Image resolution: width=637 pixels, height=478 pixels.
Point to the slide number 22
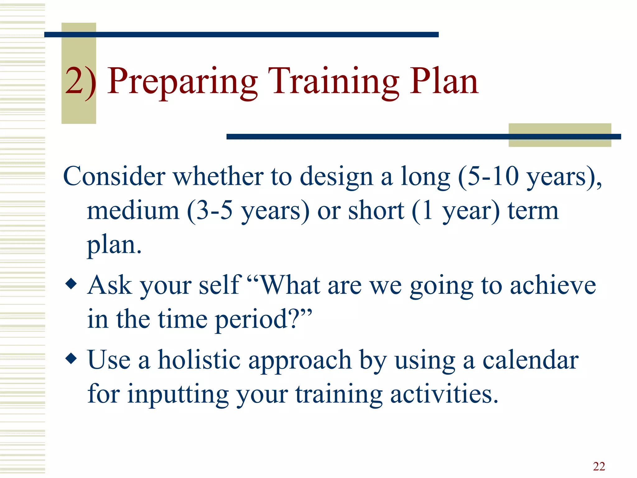(x=599, y=466)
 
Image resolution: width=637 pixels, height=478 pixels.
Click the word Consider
(x=114, y=176)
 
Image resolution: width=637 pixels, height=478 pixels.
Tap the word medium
(x=133, y=211)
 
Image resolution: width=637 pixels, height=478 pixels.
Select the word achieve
(x=553, y=285)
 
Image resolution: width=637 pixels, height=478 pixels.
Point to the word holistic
(x=199, y=360)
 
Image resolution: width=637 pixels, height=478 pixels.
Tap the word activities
(x=443, y=394)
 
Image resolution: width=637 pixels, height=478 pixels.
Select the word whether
(x=218, y=176)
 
